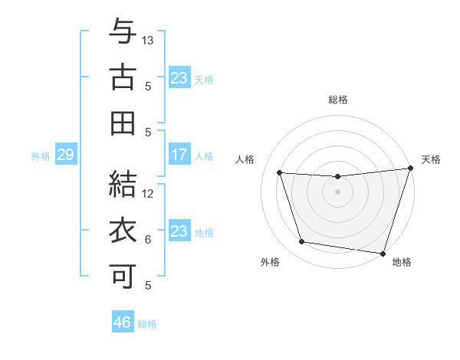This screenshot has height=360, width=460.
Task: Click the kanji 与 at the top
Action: pos(122,32)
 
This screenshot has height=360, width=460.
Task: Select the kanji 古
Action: pos(122,77)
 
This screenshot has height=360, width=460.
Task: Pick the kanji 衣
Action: pos(122,231)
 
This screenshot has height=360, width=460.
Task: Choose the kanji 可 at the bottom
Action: pos(122,276)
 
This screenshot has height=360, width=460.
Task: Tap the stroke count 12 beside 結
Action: pos(149,193)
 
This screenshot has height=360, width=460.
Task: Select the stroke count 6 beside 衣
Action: pos(148,239)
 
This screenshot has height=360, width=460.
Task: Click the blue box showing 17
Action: pos(179,155)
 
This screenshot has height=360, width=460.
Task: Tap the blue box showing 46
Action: pos(123,322)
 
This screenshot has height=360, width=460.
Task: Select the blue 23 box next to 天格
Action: pos(179,77)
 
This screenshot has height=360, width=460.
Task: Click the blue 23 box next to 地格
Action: pos(179,231)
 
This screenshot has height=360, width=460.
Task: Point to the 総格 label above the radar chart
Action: pos(338,100)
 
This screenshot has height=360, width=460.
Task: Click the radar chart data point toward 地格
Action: pos(382,253)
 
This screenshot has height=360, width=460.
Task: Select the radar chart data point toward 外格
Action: pos(302,242)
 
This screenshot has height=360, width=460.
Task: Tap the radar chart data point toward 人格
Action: pos(280,173)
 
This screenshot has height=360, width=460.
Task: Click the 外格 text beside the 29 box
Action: pos(41,156)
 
